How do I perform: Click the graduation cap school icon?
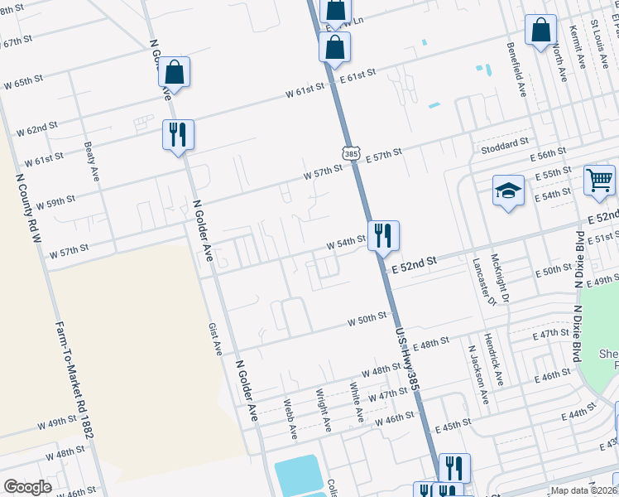pyautogui.click(x=509, y=191)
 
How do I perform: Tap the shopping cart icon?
pyautogui.click(x=599, y=180)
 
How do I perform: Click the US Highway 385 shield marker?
pyautogui.click(x=351, y=153)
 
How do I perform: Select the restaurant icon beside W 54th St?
pyautogui.click(x=383, y=235)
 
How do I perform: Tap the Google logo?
pyautogui.click(x=27, y=487)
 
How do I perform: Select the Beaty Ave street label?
pyautogui.click(x=91, y=162)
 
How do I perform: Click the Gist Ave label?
pyautogui.click(x=214, y=340)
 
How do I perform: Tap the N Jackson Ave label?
pyautogui.click(x=477, y=375)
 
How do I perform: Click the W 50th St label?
pyautogui.click(x=367, y=318)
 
